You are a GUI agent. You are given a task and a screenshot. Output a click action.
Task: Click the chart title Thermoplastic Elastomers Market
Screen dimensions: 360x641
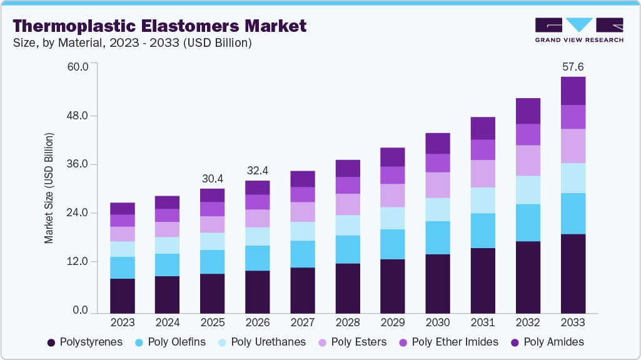pyautogui.click(x=160, y=26)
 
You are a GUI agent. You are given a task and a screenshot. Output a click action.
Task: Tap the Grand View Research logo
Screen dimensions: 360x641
pyautogui.click(x=578, y=30)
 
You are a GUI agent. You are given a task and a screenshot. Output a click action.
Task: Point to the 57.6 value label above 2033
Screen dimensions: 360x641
pyautogui.click(x=573, y=66)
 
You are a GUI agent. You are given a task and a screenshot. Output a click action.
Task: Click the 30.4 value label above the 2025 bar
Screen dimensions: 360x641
pyautogui.click(x=212, y=179)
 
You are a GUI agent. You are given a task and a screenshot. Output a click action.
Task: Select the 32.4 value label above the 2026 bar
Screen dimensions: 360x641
pyautogui.click(x=258, y=170)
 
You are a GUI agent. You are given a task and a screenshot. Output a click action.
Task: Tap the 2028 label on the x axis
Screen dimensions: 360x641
pyautogui.click(x=348, y=322)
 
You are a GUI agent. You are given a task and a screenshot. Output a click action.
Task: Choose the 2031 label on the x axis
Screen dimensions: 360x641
pyautogui.click(x=483, y=322)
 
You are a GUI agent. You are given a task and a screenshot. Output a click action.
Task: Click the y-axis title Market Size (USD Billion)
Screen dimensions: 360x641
pyautogui.click(x=49, y=188)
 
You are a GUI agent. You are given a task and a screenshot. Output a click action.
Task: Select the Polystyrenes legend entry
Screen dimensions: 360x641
pyautogui.click(x=85, y=342)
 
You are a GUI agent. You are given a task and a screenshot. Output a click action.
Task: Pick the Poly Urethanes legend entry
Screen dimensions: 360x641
pyautogui.click(x=261, y=342)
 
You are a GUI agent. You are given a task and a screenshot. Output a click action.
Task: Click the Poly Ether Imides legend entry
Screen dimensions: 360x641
pyautogui.click(x=448, y=342)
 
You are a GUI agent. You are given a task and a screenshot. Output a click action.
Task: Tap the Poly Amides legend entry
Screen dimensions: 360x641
pyautogui.click(x=548, y=342)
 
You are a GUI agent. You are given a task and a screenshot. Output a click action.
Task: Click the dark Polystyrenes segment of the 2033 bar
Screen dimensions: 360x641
pyautogui.click(x=573, y=273)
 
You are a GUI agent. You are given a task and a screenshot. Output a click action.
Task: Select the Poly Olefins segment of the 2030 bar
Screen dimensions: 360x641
pyautogui.click(x=438, y=237)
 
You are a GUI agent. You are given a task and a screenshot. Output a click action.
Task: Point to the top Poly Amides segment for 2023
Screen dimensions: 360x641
pyautogui.click(x=123, y=208)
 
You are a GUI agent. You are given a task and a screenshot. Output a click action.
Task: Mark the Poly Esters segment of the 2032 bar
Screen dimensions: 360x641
pyautogui.click(x=528, y=161)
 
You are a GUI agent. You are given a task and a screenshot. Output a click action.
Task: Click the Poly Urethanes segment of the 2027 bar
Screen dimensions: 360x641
pyautogui.click(x=303, y=231)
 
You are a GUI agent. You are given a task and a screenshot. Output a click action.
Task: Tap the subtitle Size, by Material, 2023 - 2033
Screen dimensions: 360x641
pyautogui.click(x=133, y=43)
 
